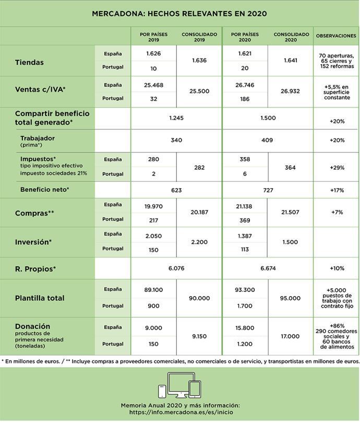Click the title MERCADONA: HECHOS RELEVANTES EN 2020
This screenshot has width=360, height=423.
click(179, 14)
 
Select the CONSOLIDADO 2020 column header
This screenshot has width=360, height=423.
click(291, 36)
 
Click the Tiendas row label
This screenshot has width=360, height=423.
click(29, 62)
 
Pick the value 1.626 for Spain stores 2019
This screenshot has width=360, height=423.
click(153, 53)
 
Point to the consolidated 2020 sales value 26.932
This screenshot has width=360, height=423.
click(291, 91)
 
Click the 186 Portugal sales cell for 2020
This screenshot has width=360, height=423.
click(245, 98)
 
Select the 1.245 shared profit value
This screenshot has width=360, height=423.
click(176, 118)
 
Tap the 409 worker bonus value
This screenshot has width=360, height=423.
click(268, 139)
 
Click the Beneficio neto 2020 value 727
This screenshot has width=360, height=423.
click(268, 190)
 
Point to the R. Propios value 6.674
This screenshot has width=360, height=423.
click(268, 268)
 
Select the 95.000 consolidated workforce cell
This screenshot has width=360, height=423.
click(291, 298)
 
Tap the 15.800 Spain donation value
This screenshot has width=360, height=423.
click(245, 327)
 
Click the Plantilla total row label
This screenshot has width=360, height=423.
click(40, 298)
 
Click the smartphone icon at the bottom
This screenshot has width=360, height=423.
click(162, 391)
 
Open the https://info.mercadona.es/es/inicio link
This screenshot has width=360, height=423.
click(179, 412)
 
